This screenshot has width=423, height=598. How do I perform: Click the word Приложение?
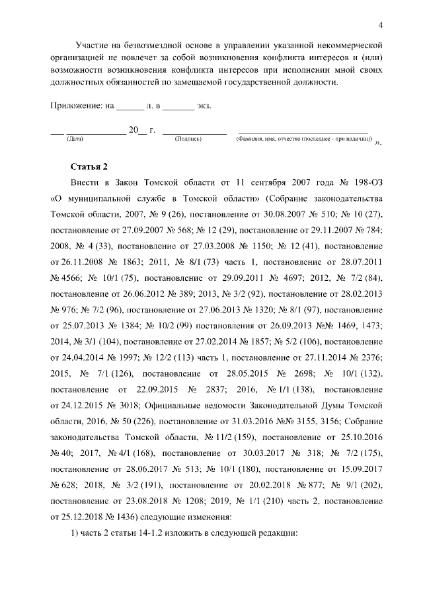pos(75,106)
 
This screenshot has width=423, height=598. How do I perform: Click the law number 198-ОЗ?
pos(365,181)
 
